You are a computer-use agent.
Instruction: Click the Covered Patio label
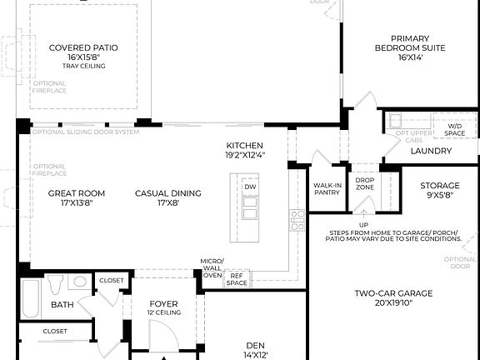click(82, 47)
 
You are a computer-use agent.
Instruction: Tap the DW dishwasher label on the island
click(250, 187)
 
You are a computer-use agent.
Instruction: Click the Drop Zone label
click(364, 184)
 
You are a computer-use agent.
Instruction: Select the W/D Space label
click(454, 129)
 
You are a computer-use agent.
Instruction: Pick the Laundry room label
click(431, 151)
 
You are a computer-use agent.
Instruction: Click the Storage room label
click(439, 190)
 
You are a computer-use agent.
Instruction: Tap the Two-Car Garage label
click(393, 298)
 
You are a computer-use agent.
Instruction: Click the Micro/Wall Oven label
click(212, 268)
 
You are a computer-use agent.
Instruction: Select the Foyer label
click(163, 307)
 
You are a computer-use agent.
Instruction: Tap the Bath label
click(62, 305)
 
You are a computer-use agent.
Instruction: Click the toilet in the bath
click(55, 286)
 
